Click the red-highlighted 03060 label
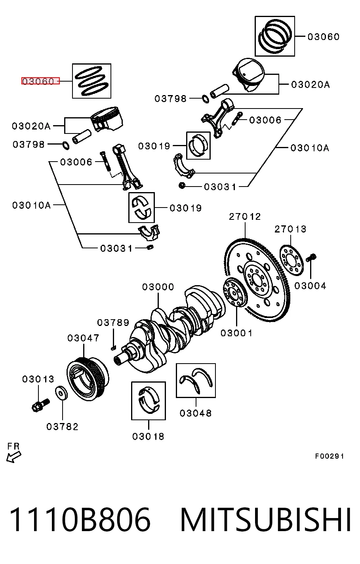click(38, 81)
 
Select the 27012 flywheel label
click(245, 217)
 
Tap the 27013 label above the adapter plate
click(290, 229)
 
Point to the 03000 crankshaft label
click(158, 287)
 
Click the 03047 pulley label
click(83, 338)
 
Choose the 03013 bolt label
click(38, 379)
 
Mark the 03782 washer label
click(63, 427)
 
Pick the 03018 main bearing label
click(148, 436)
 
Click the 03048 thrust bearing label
click(196, 413)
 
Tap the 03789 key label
click(113, 322)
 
